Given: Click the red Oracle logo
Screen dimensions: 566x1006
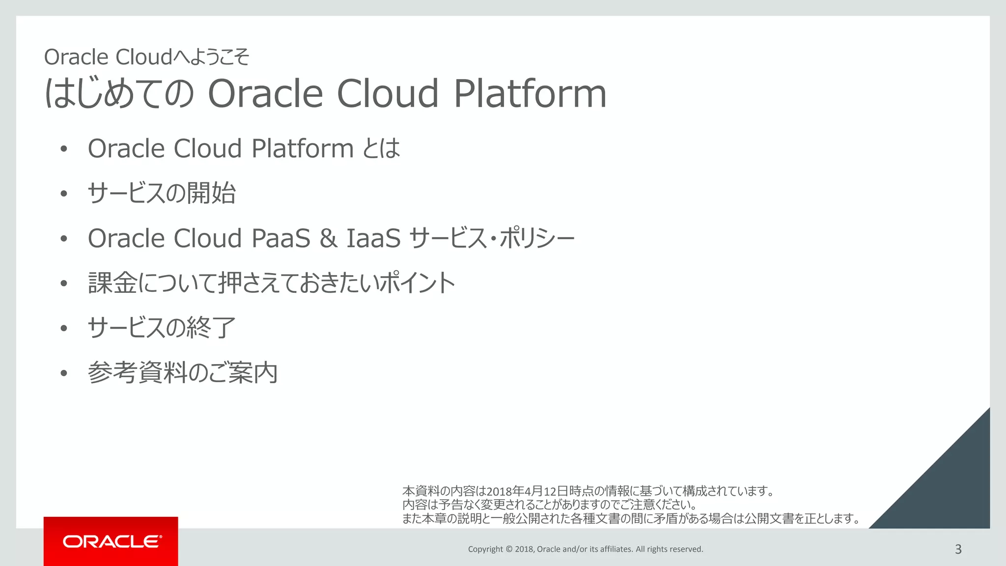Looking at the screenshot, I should [x=111, y=541].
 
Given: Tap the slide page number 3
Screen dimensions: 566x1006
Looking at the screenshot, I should [x=958, y=549].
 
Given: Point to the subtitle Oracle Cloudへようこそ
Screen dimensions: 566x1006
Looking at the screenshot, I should [x=146, y=57].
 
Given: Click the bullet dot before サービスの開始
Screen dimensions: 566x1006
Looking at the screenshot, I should [x=63, y=194].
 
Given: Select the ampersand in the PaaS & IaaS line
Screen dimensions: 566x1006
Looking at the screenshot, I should [x=328, y=238].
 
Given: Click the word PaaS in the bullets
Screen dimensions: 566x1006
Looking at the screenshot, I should [x=280, y=238].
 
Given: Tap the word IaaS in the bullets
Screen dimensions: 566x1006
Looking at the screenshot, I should [x=373, y=238].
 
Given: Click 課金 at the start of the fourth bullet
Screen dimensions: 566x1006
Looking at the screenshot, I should [x=112, y=283].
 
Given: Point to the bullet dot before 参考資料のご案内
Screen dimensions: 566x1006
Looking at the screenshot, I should [x=63, y=373].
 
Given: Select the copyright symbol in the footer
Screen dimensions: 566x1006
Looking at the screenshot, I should [x=509, y=549].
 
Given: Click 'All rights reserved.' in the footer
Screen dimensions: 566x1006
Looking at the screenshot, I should [x=669, y=549].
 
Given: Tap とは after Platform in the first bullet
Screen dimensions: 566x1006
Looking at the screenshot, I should [x=381, y=148].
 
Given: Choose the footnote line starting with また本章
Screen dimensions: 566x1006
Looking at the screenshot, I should [x=631, y=518].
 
